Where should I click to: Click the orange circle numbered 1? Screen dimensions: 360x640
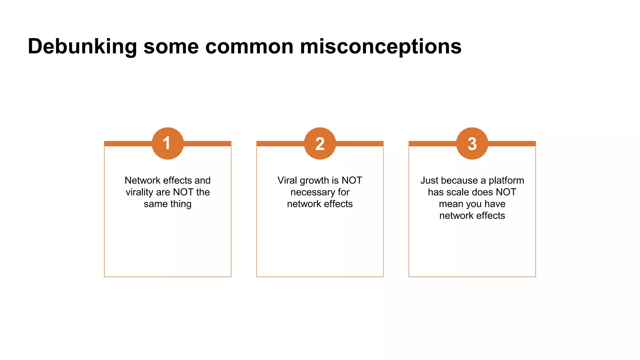[167, 143]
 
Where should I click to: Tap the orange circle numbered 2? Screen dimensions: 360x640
[320, 143]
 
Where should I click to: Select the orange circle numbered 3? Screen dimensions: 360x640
[472, 143]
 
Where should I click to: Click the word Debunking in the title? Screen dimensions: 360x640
[82, 47]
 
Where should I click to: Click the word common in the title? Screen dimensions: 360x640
[249, 47]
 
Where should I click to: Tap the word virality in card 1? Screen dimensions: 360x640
[139, 192]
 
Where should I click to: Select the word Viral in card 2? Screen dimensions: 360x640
[287, 180]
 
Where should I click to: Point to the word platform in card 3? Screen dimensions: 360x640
[506, 180]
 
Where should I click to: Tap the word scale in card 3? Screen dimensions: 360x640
[459, 192]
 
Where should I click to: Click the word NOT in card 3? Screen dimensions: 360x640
[506, 192]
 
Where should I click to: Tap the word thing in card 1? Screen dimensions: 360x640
[181, 204]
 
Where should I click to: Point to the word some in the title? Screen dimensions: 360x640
[171, 47]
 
